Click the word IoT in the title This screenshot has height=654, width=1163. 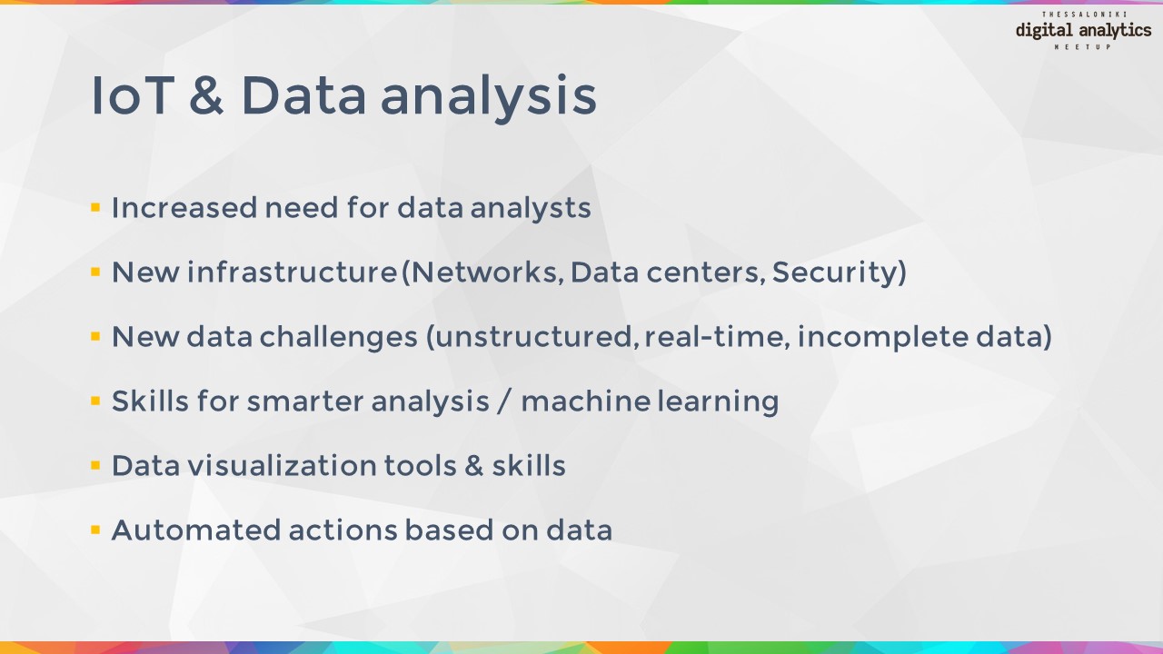point(133,95)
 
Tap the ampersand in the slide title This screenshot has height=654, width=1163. point(206,94)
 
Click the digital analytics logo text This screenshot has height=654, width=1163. point(1084,31)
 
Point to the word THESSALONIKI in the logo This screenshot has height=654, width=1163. point(1084,14)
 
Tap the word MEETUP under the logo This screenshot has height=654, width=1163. point(1083,46)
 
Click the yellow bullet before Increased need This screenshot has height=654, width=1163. point(95,208)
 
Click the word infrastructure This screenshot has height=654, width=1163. point(293,272)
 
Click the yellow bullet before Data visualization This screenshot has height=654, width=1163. point(95,465)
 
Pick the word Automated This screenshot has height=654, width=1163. point(196,530)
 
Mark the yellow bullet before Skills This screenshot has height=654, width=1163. point(95,401)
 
